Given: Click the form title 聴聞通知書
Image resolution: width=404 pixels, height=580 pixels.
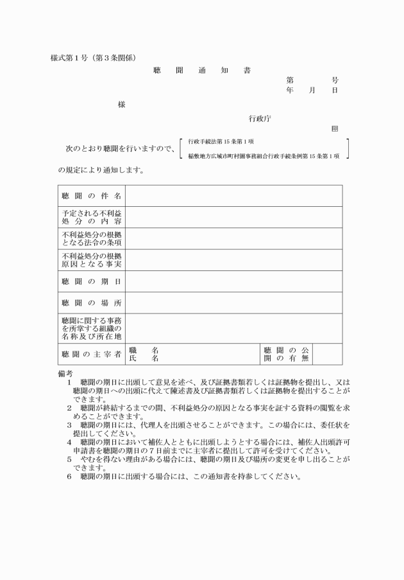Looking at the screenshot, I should tap(202, 70).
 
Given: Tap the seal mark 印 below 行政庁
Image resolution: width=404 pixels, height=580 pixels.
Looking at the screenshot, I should tap(334, 128).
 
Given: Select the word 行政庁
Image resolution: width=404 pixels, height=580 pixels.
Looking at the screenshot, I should tap(261, 118).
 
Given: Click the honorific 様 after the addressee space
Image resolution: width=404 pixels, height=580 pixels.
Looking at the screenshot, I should tap(121, 104).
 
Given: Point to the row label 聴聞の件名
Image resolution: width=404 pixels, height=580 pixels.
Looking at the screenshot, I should tap(91, 195).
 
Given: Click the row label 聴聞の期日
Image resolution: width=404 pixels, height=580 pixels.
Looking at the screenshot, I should tap(91, 281).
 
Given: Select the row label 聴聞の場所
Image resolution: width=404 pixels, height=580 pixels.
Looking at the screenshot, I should tap(91, 303).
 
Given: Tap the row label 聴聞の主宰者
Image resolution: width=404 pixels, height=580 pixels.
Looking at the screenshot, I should tap(91, 354).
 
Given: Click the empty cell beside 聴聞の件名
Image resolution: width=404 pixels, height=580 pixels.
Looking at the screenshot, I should tap(233, 195).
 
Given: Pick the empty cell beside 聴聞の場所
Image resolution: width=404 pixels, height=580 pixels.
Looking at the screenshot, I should tap(233, 303).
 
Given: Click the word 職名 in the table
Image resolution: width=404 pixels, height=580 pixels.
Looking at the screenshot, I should tap(144, 350).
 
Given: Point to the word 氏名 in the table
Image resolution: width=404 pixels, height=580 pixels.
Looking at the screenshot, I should tap(144, 358).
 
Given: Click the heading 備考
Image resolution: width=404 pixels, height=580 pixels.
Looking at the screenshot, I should tap(65, 373).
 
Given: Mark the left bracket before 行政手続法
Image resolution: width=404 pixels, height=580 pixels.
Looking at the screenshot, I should tap(182, 148).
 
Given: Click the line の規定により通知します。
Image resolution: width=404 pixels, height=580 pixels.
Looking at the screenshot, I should tap(101, 170).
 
